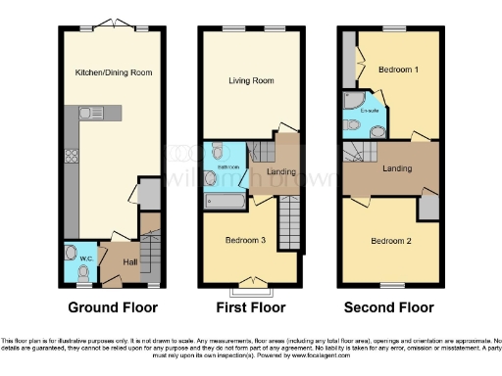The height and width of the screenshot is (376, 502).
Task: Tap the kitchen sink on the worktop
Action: [x=87, y=115]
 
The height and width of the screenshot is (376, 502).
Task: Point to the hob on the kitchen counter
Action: [x=71, y=155]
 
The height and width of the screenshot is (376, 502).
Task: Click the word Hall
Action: [x=129, y=261]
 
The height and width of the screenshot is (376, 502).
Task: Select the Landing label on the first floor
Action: [x=282, y=173]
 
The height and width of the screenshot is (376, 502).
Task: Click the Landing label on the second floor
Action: [x=396, y=168]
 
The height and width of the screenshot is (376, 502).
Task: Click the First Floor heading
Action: [x=248, y=307]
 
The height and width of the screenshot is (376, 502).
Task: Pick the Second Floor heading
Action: [x=388, y=307]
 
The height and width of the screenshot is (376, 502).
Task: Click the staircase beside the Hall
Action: [x=150, y=258]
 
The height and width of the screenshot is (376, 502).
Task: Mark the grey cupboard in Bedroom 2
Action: [x=427, y=209]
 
